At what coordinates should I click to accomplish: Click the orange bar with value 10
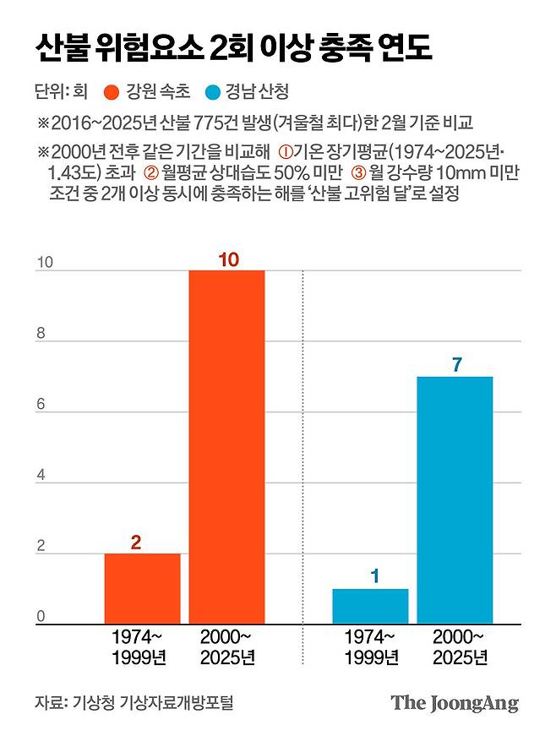coord(226,447)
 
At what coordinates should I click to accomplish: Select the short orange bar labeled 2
coord(142,588)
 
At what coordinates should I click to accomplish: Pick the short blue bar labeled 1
coord(369,606)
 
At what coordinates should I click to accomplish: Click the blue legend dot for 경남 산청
coord(216,92)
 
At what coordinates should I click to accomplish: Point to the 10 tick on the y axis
coord(43,264)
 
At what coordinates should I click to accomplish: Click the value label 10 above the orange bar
coord(227,259)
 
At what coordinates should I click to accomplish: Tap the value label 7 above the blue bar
coord(456,365)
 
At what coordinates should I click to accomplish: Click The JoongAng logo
coord(454,703)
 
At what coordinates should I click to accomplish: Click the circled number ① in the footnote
coord(285,152)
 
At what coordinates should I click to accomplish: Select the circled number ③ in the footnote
coord(357,172)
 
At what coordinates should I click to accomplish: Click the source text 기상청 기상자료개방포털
coord(153,702)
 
